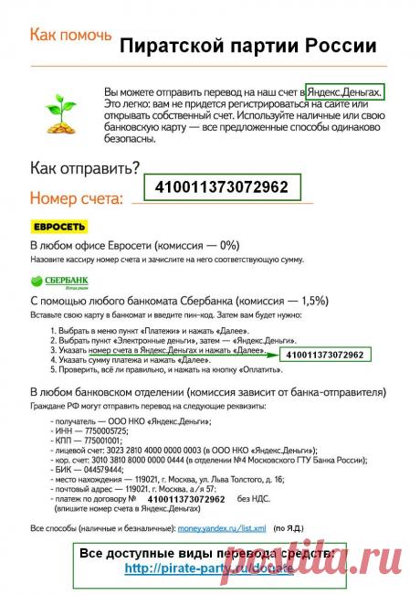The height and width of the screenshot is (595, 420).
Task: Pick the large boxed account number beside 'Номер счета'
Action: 222,187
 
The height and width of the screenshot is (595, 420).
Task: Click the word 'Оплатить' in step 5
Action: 273,372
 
